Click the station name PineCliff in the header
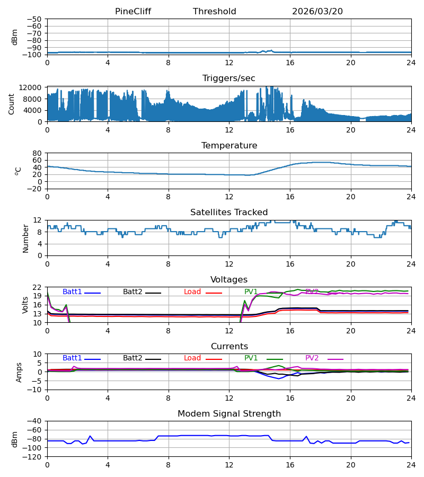coord(133,11)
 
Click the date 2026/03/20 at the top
coord(317,11)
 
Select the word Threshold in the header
coord(215,11)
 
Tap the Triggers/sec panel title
coord(229,78)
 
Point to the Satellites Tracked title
coord(229,212)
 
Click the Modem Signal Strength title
coord(229,413)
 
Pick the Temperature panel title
coord(229,145)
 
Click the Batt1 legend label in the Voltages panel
coord(72,291)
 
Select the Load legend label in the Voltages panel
coord(192,291)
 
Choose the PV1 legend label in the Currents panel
coord(251,358)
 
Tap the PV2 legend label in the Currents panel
coord(312,358)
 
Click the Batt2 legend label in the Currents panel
coord(132,358)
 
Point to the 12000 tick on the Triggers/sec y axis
coord(30,87)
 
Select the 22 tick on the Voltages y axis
coord(37,287)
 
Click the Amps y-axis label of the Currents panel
coord(19,372)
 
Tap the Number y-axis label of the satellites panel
coord(25,238)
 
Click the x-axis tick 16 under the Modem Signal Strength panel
coord(290,465)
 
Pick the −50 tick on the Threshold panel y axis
coord(34,19)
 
